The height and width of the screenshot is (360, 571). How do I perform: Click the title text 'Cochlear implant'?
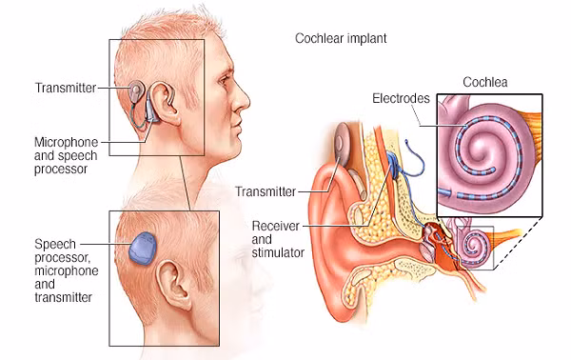click(x=341, y=38)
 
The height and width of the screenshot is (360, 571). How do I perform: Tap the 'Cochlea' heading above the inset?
click(x=485, y=82)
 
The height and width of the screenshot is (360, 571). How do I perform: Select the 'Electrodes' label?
click(x=401, y=98)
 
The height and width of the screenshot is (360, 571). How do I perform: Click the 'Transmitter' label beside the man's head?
click(x=66, y=88)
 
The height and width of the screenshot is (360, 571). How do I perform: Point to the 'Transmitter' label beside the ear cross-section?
click(x=266, y=191)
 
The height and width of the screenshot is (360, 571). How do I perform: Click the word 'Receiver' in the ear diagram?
click(x=276, y=226)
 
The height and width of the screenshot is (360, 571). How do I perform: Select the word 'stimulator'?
click(x=278, y=252)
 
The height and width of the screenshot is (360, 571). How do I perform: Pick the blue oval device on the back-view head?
click(x=143, y=249)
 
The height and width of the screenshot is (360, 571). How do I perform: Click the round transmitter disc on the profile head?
click(x=135, y=90)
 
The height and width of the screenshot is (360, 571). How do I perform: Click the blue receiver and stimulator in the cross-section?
click(x=392, y=162)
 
